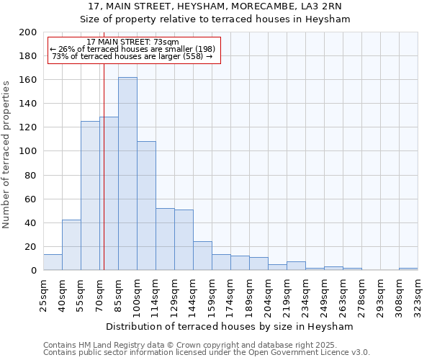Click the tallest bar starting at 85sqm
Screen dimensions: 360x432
[x=127, y=174]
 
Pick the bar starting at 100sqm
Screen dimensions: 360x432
[x=146, y=206]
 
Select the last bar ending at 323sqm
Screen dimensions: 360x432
[x=408, y=269]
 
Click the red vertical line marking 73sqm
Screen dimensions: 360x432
[x=104, y=180]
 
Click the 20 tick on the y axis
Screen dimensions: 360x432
[x=31, y=246]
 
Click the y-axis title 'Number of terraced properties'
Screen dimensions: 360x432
[x=6, y=154]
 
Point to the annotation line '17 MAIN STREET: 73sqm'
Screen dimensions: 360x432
[x=132, y=42]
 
